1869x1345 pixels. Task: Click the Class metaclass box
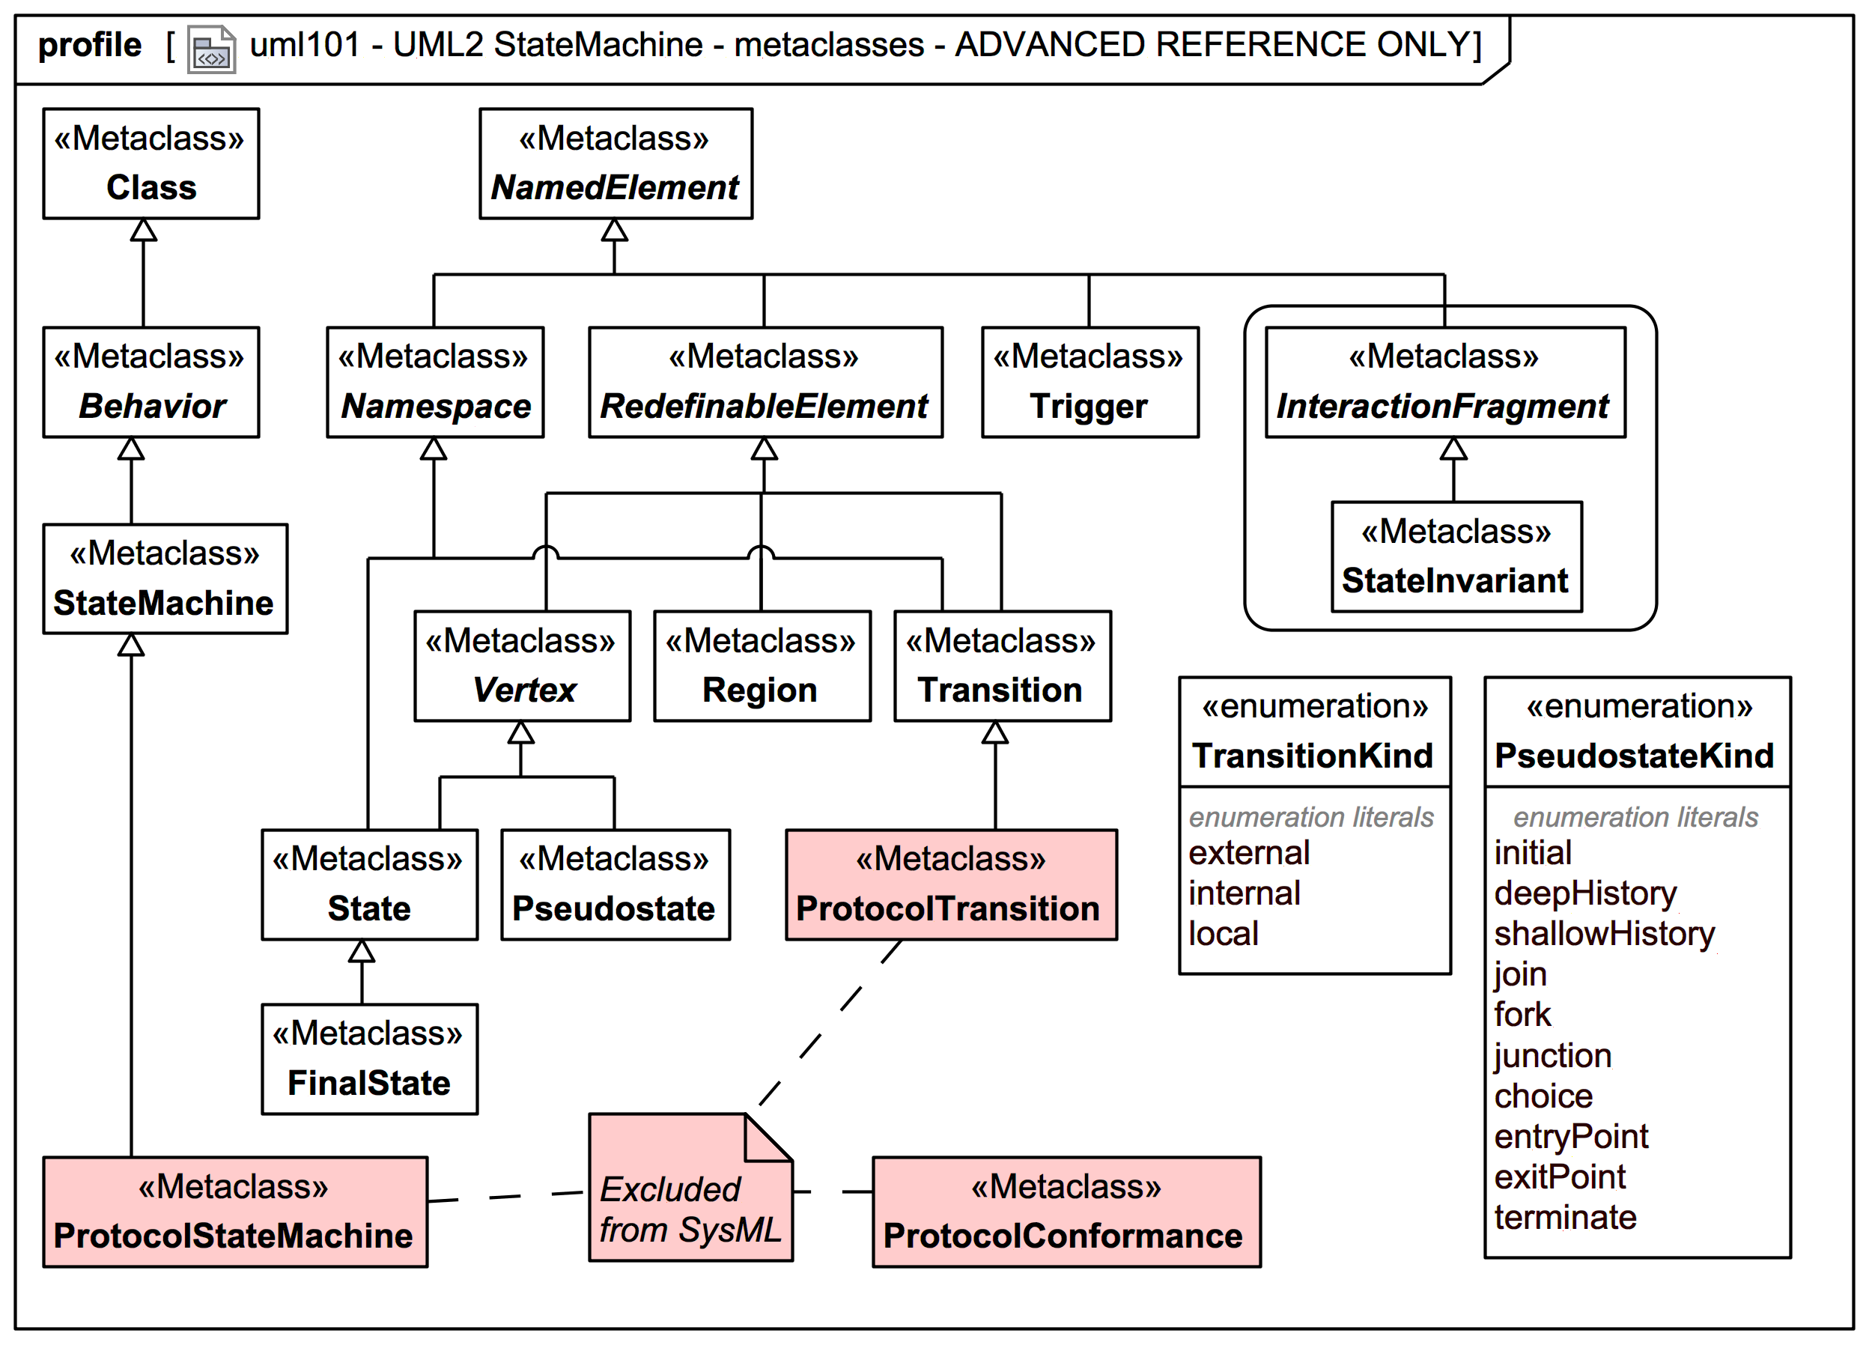[x=151, y=163]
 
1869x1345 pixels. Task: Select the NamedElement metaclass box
[x=615, y=163]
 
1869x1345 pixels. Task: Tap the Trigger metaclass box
[x=1089, y=382]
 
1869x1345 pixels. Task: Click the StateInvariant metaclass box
[x=1456, y=556]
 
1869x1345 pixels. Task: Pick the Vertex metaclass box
[x=522, y=665]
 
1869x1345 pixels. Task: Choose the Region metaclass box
[x=761, y=665]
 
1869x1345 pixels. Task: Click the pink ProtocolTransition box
[x=950, y=884]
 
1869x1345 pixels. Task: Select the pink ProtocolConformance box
[x=1066, y=1211]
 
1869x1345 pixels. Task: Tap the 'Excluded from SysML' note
[x=689, y=1206]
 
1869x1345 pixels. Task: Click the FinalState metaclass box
[x=369, y=1058]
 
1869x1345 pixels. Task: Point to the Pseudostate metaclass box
[x=615, y=884]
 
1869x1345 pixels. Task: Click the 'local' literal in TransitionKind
[x=1223, y=934]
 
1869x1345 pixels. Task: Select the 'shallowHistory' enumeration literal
[x=1604, y=934]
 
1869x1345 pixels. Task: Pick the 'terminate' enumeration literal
[x=1564, y=1217]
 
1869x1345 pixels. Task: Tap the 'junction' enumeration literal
[x=1552, y=1056]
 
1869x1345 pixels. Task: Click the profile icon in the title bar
[x=211, y=49]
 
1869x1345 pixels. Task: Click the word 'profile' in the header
[x=90, y=44]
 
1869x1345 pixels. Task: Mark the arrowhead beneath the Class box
[x=143, y=230]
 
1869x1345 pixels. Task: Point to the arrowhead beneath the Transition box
[x=994, y=732]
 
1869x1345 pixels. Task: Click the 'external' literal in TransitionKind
[x=1248, y=853]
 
